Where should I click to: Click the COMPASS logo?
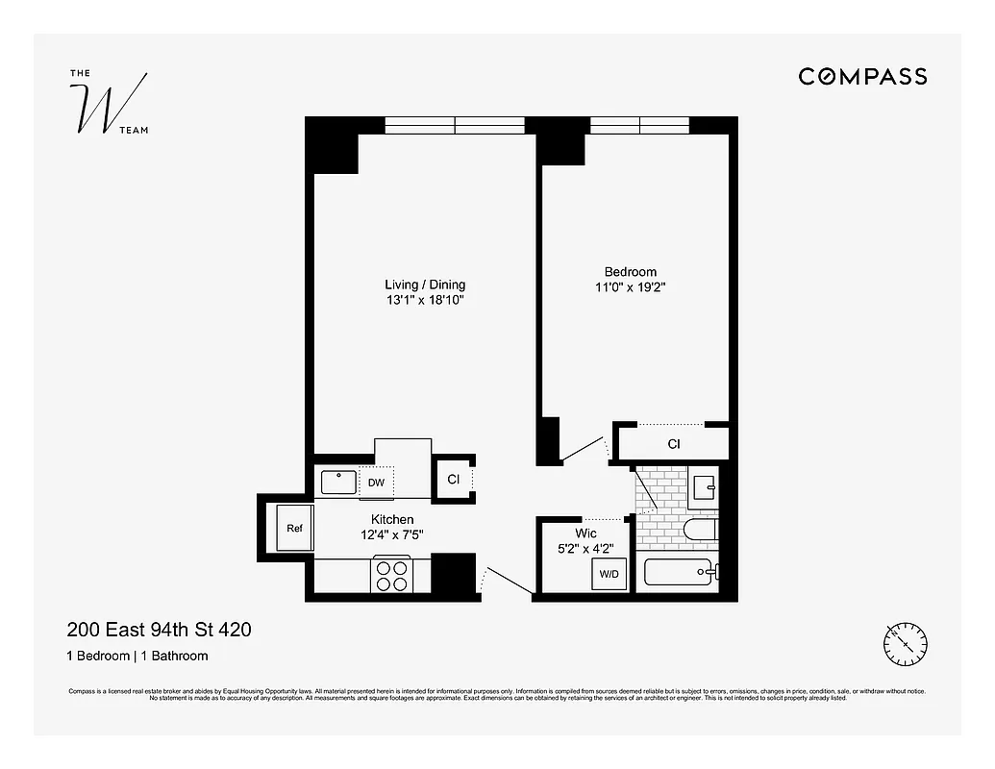862,77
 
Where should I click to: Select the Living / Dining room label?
425,285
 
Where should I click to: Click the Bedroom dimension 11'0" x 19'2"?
630,286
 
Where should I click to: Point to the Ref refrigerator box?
293,528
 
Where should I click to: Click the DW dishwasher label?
376,483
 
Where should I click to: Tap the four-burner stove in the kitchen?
391,575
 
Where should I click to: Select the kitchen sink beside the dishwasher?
338,482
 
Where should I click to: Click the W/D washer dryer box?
609,575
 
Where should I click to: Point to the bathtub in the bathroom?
679,574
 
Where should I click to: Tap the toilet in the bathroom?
699,530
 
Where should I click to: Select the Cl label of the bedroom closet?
674,444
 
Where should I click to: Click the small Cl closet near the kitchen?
453,479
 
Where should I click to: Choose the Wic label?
585,533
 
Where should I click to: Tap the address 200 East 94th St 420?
159,631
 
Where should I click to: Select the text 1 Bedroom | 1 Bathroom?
137,657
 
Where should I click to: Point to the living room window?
455,125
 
